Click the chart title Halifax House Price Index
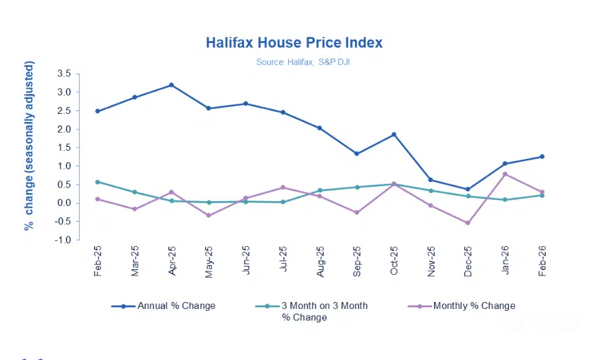coord(294,43)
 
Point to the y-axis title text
coord(29,145)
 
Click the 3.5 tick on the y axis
coord(64,74)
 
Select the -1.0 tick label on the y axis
coord(63,240)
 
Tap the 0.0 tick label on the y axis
coord(64,203)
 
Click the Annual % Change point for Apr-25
coord(172,85)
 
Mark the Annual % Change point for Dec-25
coord(468,190)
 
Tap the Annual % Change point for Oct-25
coord(394,134)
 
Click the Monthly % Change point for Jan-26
coord(505,174)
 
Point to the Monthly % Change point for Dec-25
coord(468,223)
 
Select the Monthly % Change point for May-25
coord(209,215)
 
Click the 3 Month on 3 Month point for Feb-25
coord(97,182)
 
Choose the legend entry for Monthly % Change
coord(474,306)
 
